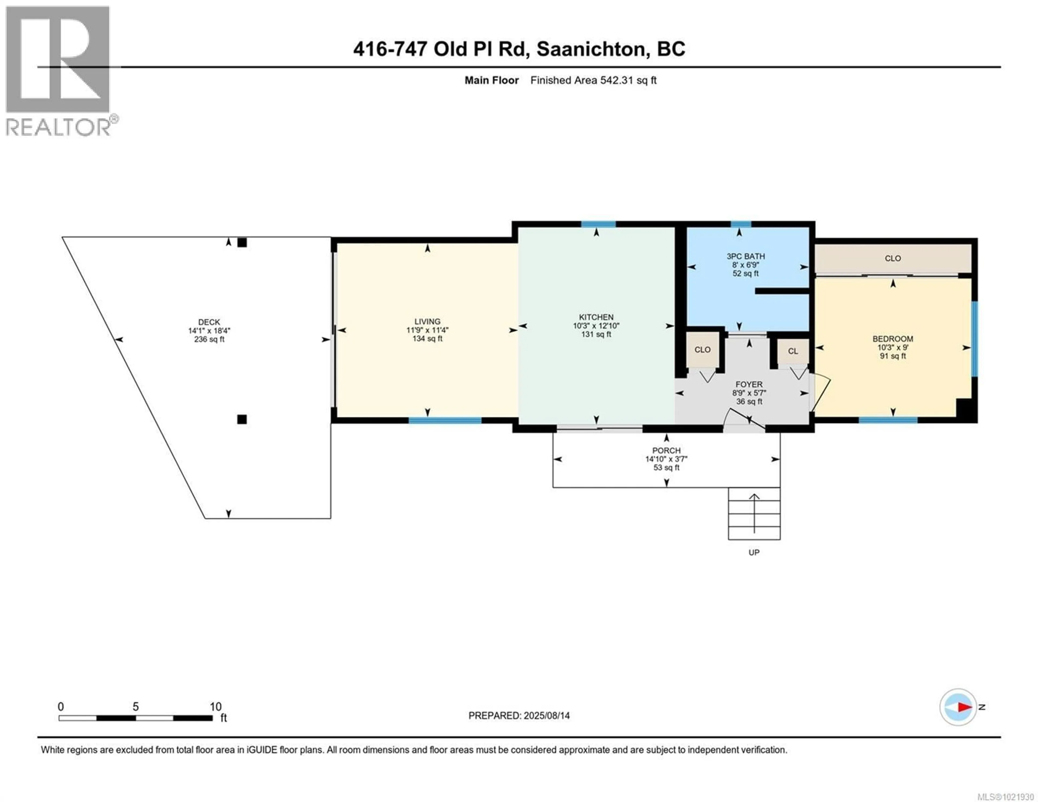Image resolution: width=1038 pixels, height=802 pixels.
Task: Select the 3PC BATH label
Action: coord(745,256)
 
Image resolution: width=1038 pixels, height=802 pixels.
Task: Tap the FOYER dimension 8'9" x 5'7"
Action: coord(749,393)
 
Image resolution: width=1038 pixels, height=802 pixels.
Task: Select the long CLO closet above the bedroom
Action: coord(893,258)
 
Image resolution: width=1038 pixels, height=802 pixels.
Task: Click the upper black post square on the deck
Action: coord(242,242)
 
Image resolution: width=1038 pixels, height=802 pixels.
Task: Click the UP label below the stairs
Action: coord(754,553)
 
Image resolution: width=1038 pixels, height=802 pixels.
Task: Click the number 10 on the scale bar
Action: coord(216,706)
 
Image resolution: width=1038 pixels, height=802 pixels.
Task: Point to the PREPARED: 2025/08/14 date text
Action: coord(519,716)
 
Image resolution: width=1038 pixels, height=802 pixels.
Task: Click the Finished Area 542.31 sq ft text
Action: coord(593,80)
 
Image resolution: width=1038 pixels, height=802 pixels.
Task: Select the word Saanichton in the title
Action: coord(593,49)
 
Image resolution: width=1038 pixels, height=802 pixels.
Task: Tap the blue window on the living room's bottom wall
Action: coord(445,420)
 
